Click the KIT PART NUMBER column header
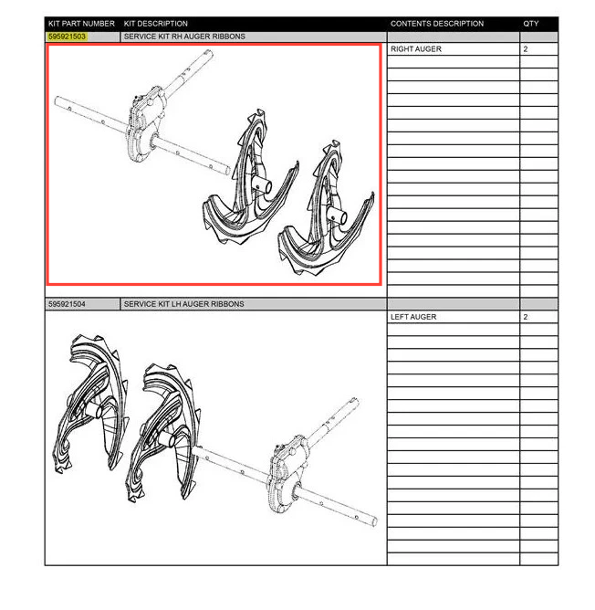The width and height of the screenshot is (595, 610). [81, 24]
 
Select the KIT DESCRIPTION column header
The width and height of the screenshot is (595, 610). [155, 24]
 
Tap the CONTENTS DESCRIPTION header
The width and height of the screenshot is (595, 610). [437, 24]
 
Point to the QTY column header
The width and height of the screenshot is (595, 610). [531, 24]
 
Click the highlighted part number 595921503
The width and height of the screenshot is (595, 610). [67, 37]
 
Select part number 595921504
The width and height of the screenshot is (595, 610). [67, 304]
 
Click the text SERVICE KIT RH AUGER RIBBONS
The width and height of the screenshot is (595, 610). [184, 37]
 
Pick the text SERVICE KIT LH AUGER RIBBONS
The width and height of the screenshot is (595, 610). [184, 304]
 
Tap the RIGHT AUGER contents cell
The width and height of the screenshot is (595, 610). [416, 49]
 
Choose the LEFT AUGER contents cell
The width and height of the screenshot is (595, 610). [413, 317]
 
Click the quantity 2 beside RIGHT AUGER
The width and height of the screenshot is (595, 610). [526, 49]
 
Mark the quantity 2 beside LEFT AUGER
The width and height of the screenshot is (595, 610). [526, 317]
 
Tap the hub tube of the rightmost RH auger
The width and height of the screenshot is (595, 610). [337, 216]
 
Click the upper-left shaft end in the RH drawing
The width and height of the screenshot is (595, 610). [57, 100]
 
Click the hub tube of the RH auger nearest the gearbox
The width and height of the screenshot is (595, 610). [262, 185]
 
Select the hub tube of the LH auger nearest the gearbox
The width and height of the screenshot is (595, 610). [167, 439]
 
